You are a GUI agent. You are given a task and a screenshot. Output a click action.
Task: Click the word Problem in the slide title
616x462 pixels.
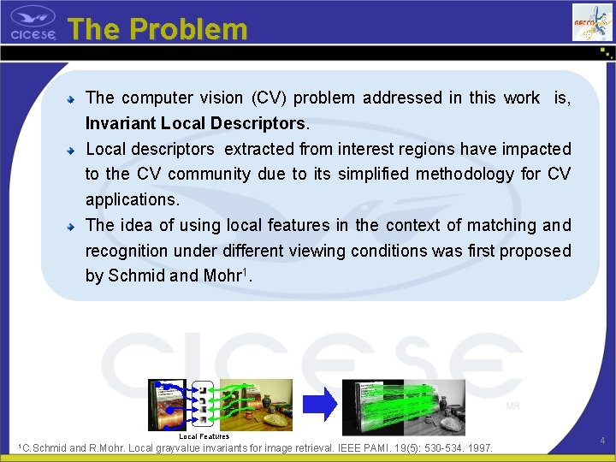(189, 29)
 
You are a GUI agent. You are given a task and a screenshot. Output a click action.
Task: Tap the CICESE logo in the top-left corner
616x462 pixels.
(33, 24)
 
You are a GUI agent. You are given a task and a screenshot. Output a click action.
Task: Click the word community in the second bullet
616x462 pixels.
(209, 175)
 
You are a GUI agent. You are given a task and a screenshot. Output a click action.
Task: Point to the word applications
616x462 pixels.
(131, 200)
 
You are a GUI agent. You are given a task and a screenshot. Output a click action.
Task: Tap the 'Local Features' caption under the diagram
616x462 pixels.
(204, 436)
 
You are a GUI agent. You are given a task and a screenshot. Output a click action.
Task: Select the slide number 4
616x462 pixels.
(602, 441)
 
